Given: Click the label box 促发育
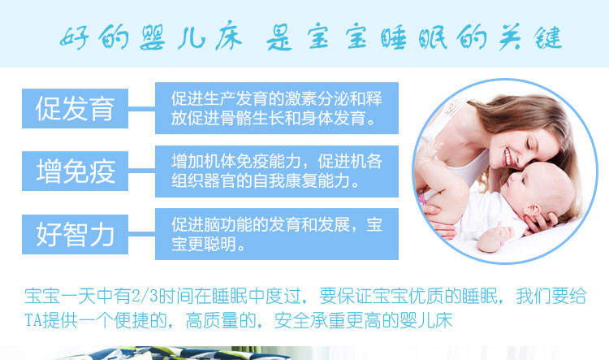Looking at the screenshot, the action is click(x=75, y=108).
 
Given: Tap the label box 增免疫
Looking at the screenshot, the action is click(x=75, y=171).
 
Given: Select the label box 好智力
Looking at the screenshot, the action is click(x=75, y=234).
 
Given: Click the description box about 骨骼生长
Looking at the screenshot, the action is click(x=277, y=108).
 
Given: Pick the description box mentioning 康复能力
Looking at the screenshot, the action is click(x=277, y=171).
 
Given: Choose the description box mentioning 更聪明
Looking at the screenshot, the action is click(x=277, y=234).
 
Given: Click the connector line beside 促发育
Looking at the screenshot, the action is click(x=142, y=109).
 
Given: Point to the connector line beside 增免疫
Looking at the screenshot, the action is click(x=142, y=171).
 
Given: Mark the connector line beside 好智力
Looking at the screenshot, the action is click(x=142, y=234).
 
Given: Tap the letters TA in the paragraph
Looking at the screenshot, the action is click(x=33, y=321).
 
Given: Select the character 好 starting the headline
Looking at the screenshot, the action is click(x=74, y=38).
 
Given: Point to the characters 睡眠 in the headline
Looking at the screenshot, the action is click(x=413, y=37).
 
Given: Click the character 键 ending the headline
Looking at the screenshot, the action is click(x=548, y=37).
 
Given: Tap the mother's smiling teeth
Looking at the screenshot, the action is click(x=507, y=157).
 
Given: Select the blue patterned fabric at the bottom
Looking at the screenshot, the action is click(x=171, y=353).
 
